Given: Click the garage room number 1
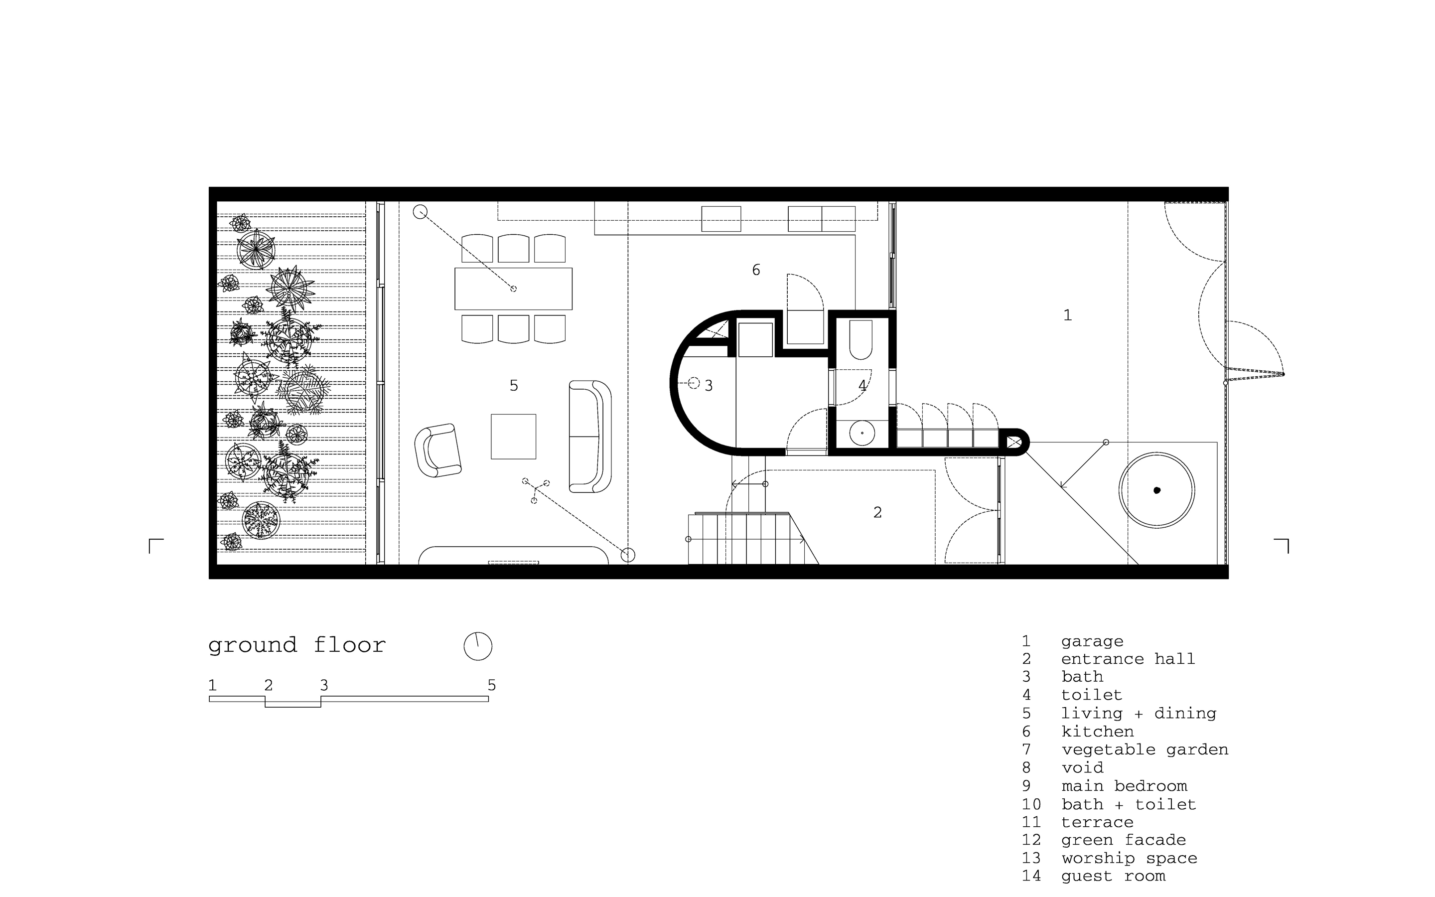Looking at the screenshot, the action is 1067,315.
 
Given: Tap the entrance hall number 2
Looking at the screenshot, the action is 877,512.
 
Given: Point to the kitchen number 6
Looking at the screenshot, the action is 756,270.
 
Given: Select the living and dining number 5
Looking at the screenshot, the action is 514,386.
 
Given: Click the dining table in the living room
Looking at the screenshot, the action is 514,289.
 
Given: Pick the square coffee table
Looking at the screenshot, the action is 514,437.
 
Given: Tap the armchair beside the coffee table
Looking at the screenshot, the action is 437,450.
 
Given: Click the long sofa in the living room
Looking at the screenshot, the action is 590,437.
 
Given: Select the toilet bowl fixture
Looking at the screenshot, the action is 861,340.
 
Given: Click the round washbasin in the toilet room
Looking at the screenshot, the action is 861,434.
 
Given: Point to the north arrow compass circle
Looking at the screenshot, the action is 478,646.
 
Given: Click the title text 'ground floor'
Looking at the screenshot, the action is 297,645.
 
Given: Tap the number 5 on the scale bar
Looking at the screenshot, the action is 492,685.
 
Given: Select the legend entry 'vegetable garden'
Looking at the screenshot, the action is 1145,750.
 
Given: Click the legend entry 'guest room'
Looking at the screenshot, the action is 1114,876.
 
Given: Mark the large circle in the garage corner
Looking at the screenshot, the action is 1157,490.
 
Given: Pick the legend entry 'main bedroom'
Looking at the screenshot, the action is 1124,786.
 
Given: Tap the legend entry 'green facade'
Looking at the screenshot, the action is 1124,840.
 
